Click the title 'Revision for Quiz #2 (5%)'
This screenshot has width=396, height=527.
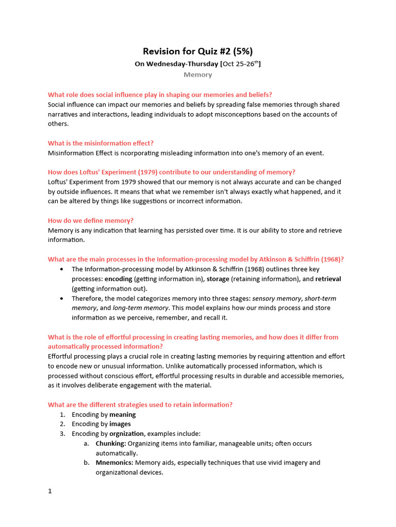(x=197, y=51)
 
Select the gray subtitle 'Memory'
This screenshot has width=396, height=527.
(x=197, y=75)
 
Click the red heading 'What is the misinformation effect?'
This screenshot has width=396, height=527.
(x=101, y=143)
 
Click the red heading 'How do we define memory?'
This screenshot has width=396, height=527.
(x=91, y=220)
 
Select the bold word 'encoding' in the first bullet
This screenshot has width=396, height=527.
(x=118, y=279)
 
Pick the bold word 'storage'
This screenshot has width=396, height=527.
(x=218, y=279)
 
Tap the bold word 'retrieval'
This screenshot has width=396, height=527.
(x=328, y=279)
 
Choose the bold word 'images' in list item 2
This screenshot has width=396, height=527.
(x=120, y=424)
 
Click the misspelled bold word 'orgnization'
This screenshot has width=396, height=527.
(x=126, y=434)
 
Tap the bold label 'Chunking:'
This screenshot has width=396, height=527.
(x=110, y=443)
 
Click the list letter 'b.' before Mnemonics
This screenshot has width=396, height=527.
(x=87, y=463)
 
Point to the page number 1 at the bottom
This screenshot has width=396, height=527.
(x=50, y=491)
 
